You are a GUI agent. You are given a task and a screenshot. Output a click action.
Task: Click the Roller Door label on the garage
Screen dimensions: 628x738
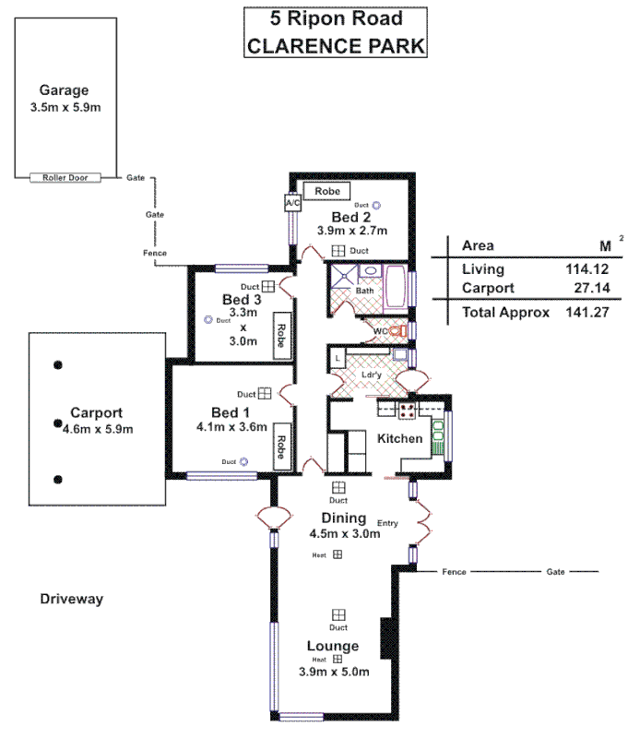click(65, 177)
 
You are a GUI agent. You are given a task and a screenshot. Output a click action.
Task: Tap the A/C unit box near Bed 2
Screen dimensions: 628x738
click(292, 201)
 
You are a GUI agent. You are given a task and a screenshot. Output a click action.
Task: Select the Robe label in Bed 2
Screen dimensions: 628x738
click(327, 191)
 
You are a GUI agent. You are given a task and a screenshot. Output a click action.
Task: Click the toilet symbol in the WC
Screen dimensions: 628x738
click(397, 330)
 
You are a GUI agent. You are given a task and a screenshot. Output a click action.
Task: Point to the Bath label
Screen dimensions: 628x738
click(365, 291)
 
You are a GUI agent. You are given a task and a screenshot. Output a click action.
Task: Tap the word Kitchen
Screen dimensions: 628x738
click(400, 438)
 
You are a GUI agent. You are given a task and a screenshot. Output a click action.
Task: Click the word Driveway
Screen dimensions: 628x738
click(72, 599)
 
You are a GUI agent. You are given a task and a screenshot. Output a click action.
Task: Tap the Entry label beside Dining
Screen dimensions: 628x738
click(387, 523)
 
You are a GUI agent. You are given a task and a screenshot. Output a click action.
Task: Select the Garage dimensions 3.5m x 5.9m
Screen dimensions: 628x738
click(65, 107)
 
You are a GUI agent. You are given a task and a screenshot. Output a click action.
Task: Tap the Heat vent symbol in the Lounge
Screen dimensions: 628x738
click(338, 660)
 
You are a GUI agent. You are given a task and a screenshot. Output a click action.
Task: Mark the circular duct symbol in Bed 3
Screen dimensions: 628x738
click(208, 320)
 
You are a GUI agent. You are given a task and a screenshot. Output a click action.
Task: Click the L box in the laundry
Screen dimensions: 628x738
click(338, 356)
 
